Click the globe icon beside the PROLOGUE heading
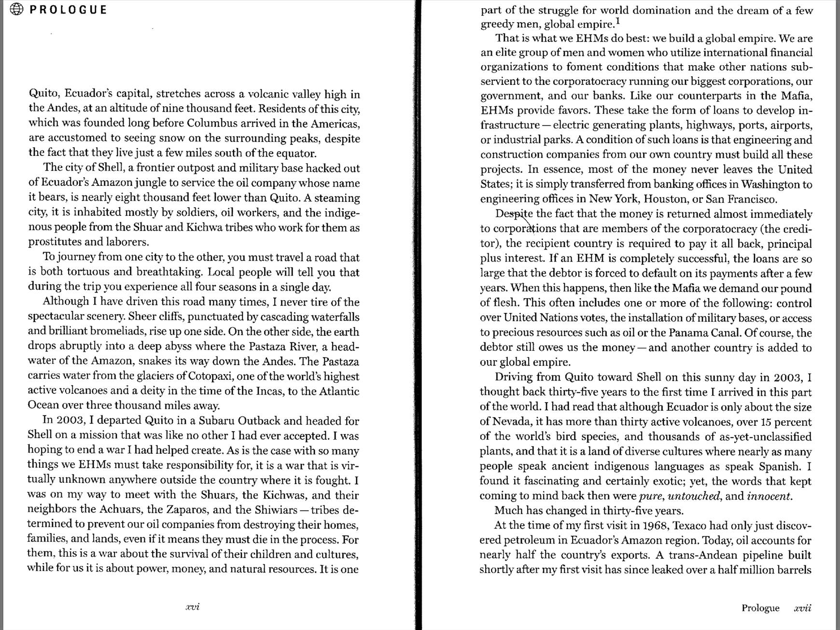(x=16, y=9)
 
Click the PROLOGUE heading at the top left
(x=68, y=10)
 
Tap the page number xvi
(x=193, y=607)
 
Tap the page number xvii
(x=802, y=608)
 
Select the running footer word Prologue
(x=760, y=608)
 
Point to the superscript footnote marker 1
(x=617, y=22)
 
